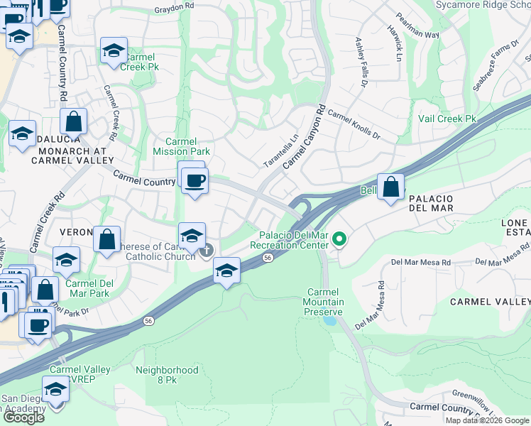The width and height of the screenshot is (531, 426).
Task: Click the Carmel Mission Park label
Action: [181, 146]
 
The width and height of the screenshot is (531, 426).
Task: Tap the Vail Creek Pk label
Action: [447, 119]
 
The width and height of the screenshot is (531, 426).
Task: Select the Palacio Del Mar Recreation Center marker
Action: [339, 239]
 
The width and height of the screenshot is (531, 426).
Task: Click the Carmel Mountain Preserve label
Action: [325, 302]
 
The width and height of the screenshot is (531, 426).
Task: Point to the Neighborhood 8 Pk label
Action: [167, 375]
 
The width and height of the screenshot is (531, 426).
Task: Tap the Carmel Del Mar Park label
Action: [89, 288]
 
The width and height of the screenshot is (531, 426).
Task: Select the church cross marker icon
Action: [207, 250]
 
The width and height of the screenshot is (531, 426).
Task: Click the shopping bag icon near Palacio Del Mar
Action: [390, 187]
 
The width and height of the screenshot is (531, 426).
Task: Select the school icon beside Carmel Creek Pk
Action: [113, 51]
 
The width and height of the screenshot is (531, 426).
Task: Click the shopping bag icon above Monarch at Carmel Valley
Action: [73, 122]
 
